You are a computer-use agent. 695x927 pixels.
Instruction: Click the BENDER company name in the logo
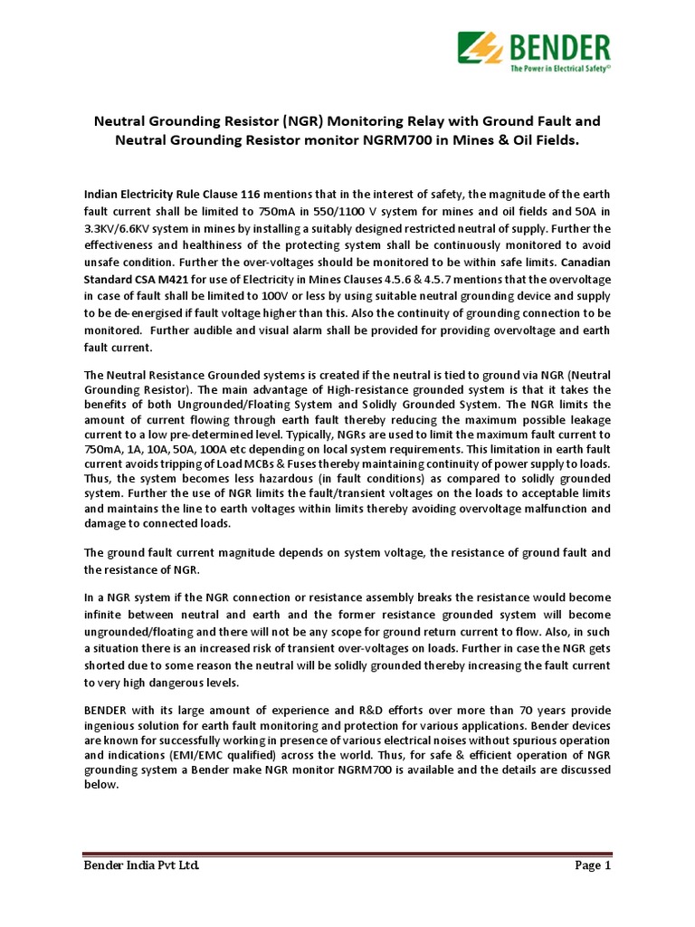click(x=549, y=45)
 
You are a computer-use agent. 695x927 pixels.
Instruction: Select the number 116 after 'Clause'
click(x=250, y=193)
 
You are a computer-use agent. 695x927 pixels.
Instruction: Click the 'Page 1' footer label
click(x=594, y=866)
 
